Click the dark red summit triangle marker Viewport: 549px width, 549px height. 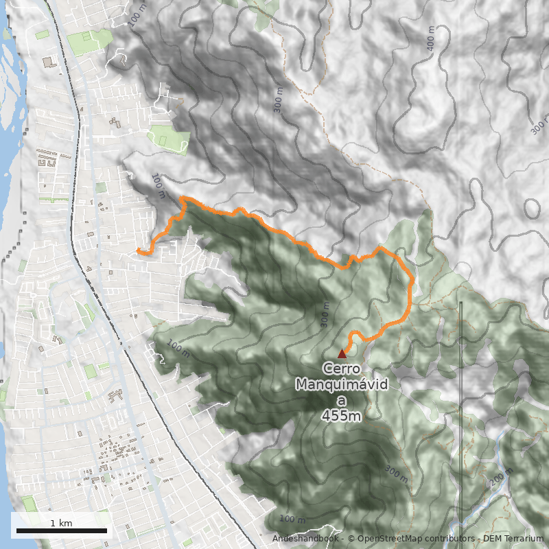[342, 353]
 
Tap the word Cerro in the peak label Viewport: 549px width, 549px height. [342, 370]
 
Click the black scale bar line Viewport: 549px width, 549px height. [62, 530]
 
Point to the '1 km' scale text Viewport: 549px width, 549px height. [61, 523]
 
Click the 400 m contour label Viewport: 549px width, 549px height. [431, 42]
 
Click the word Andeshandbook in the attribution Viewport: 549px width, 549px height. [305, 539]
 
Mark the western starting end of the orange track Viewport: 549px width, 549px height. [139, 251]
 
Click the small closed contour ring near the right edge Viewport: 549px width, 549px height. [532, 207]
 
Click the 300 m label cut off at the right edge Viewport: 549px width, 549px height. [539, 128]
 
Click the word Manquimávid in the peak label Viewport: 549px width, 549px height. [342, 385]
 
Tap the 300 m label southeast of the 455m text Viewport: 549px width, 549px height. [396, 473]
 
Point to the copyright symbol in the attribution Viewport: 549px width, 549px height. [351, 539]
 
